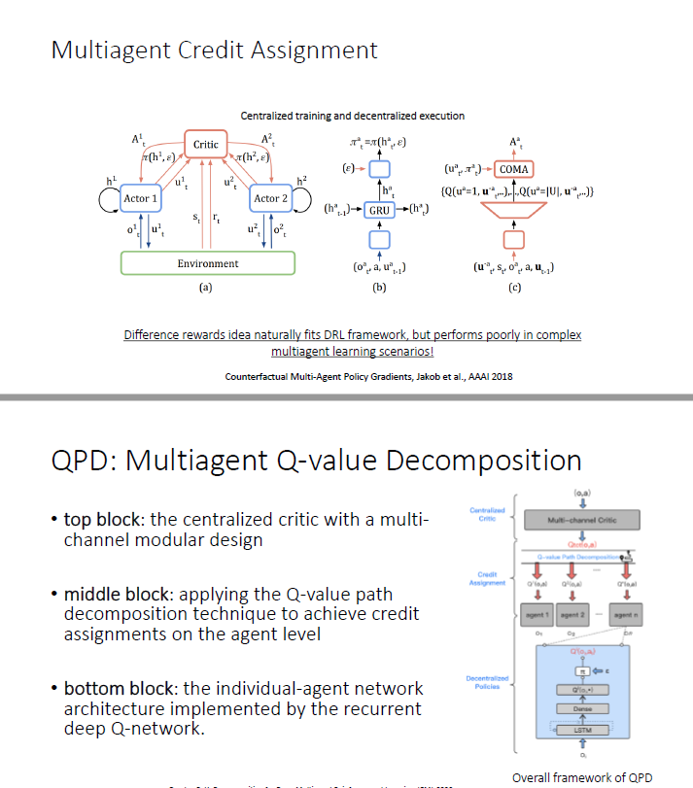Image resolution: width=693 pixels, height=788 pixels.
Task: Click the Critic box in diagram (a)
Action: (206, 145)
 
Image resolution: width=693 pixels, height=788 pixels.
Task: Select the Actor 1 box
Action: (140, 198)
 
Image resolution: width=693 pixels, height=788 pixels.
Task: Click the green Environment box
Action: (207, 262)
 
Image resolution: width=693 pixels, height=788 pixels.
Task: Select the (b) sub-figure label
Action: (380, 288)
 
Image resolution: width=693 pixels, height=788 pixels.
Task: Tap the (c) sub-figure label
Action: (514, 288)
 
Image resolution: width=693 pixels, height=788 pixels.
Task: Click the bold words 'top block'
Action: (103, 520)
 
